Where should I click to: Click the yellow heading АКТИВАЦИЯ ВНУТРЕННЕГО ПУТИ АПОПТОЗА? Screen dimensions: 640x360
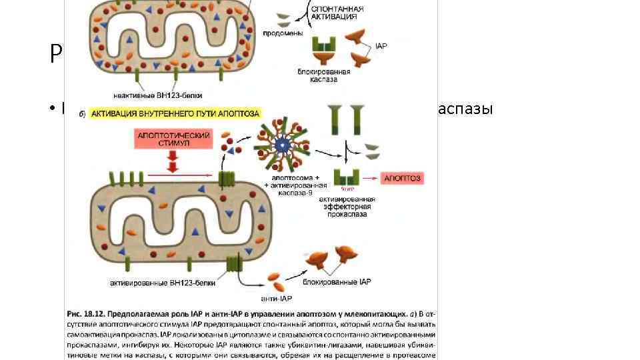(176, 114)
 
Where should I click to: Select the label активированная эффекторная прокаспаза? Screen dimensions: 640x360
(347, 207)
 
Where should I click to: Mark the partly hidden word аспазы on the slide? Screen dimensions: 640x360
(466, 109)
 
